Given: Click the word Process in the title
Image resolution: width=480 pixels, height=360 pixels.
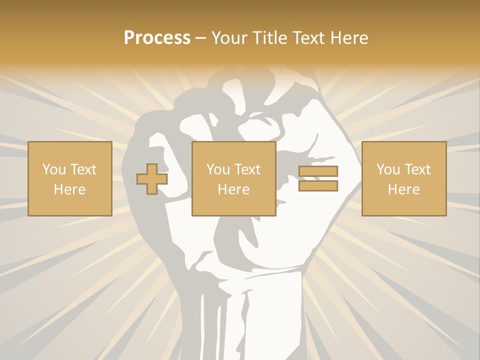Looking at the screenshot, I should pos(157,38).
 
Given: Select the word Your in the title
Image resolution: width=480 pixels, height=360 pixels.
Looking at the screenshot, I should pos(227,38).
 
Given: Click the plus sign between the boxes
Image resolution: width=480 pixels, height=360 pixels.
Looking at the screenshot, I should pos(152,178).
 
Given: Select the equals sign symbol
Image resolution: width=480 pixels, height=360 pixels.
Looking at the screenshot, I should pos(318,178).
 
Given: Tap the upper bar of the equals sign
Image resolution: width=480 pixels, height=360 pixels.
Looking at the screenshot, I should pos(318,171).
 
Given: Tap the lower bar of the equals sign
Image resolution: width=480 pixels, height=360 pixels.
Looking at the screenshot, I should pos(318,186).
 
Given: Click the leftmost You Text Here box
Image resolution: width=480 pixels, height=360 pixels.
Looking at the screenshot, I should pos(69,178).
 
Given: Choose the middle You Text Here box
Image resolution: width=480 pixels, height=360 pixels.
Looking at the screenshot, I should pos(233,178).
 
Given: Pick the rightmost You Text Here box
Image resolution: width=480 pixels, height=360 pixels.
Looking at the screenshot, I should pos(403,178).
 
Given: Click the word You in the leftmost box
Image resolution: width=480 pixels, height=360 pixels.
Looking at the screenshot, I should pos(54,169).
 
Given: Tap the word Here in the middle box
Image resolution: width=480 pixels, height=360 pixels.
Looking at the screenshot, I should pos(233,189).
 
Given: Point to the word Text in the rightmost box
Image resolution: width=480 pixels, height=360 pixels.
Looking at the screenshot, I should pos(417,169).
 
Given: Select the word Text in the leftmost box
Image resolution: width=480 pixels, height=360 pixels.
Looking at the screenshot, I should pos(83,169).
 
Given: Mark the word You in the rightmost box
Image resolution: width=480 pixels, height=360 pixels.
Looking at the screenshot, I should pos(388,169).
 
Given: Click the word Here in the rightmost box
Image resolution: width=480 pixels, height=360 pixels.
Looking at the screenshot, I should pos(403,189).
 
